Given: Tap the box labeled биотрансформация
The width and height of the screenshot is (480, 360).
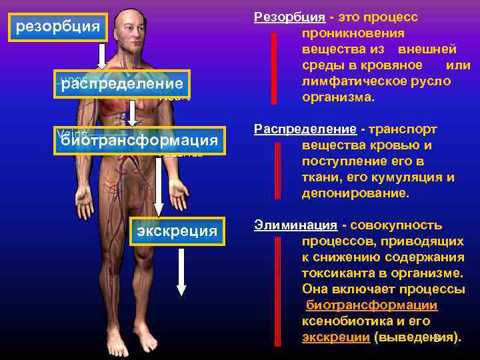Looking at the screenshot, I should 139,140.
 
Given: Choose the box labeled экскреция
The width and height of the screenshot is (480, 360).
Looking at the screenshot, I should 177,231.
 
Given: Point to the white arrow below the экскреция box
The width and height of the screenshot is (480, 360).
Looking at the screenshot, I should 181,273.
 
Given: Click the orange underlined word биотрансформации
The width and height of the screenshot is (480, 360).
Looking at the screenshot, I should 371,305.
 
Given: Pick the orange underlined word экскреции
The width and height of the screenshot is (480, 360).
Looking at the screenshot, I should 335,337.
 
